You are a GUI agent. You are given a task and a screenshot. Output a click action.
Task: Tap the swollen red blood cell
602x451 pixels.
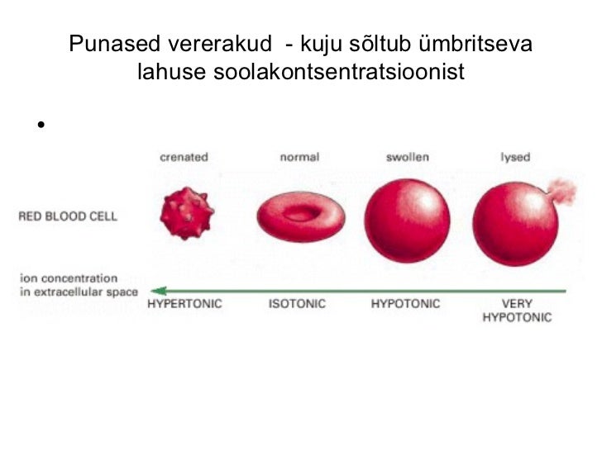click(x=407, y=219)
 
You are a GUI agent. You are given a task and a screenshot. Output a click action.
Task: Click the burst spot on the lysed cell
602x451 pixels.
click(x=562, y=190)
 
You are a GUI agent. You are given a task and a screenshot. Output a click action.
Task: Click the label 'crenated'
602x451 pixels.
click(x=184, y=156)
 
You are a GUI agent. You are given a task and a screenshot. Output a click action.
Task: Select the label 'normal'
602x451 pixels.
click(x=299, y=156)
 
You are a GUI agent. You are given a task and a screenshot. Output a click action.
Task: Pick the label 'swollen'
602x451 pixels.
click(x=407, y=156)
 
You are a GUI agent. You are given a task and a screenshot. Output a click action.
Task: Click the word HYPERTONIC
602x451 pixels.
click(x=184, y=304)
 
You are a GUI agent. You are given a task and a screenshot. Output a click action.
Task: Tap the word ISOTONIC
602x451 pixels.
click(x=297, y=304)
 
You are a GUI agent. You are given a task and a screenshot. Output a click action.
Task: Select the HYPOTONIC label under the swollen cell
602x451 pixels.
click(x=406, y=304)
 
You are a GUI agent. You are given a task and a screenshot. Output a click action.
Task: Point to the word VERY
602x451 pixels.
click(x=517, y=304)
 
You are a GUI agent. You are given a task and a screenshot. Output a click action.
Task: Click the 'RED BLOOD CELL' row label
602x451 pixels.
click(x=68, y=217)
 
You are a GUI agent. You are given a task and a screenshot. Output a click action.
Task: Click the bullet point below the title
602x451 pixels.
click(x=38, y=126)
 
